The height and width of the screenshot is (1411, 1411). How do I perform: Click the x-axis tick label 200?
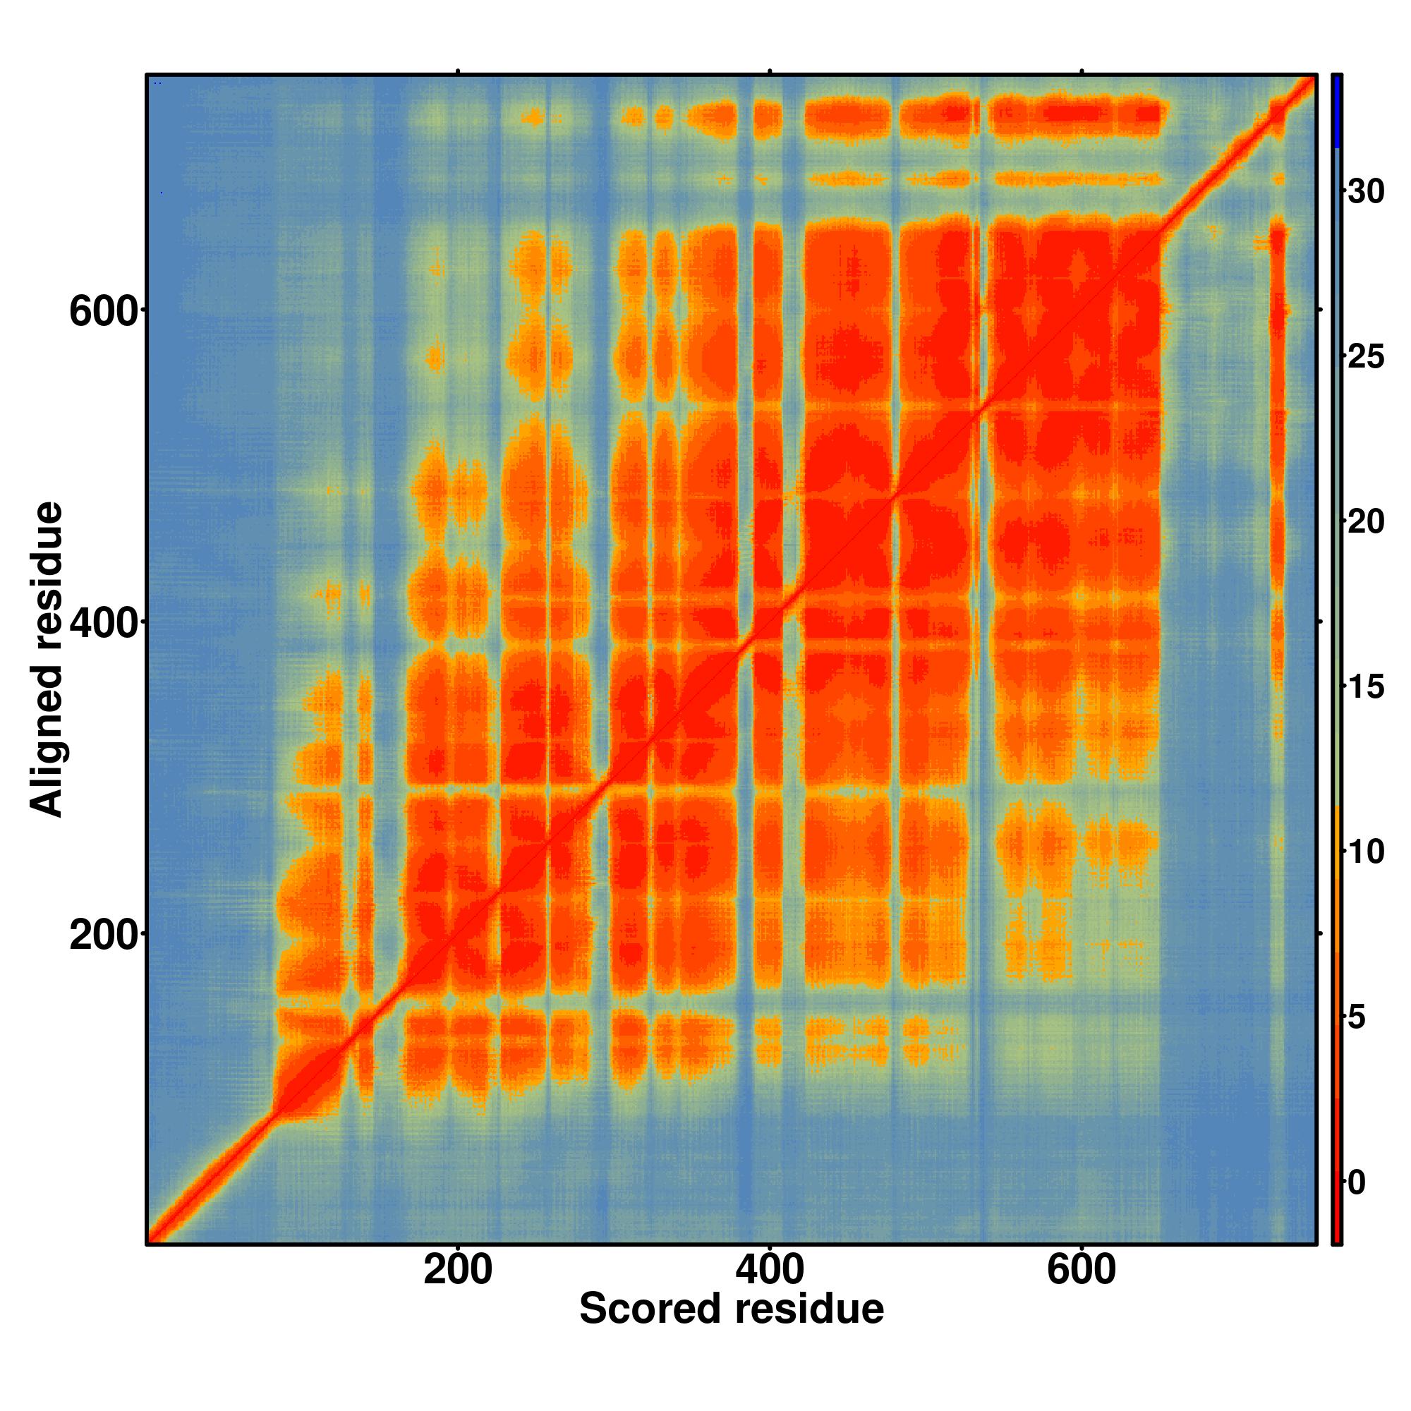(458, 1270)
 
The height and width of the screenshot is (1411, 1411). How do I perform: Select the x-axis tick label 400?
(769, 1270)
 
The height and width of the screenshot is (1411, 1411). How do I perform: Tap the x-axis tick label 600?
(1081, 1270)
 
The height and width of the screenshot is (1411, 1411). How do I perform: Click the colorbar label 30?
(1366, 191)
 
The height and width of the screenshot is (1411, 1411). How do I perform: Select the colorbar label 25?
(1366, 357)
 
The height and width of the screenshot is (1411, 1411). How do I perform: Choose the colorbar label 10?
(1366, 852)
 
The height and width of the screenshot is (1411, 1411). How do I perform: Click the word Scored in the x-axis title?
(650, 1309)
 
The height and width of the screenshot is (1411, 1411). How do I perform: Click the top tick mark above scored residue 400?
(770, 71)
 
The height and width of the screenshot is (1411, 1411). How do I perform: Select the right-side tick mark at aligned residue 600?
(1321, 310)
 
